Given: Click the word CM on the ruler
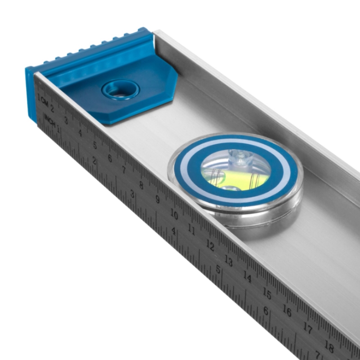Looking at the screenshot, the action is click(45, 103).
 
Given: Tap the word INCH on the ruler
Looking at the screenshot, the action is click(50, 120).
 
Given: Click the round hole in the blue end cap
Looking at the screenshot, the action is click(121, 90).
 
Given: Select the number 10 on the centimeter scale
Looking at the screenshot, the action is click(174, 215).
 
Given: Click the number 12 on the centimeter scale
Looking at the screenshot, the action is click(210, 245).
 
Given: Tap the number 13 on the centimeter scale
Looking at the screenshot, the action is click(229, 261).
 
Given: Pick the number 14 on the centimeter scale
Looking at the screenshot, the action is click(247, 277).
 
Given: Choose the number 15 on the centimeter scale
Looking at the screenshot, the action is click(267, 293).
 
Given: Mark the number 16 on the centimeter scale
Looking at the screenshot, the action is click(287, 310).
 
